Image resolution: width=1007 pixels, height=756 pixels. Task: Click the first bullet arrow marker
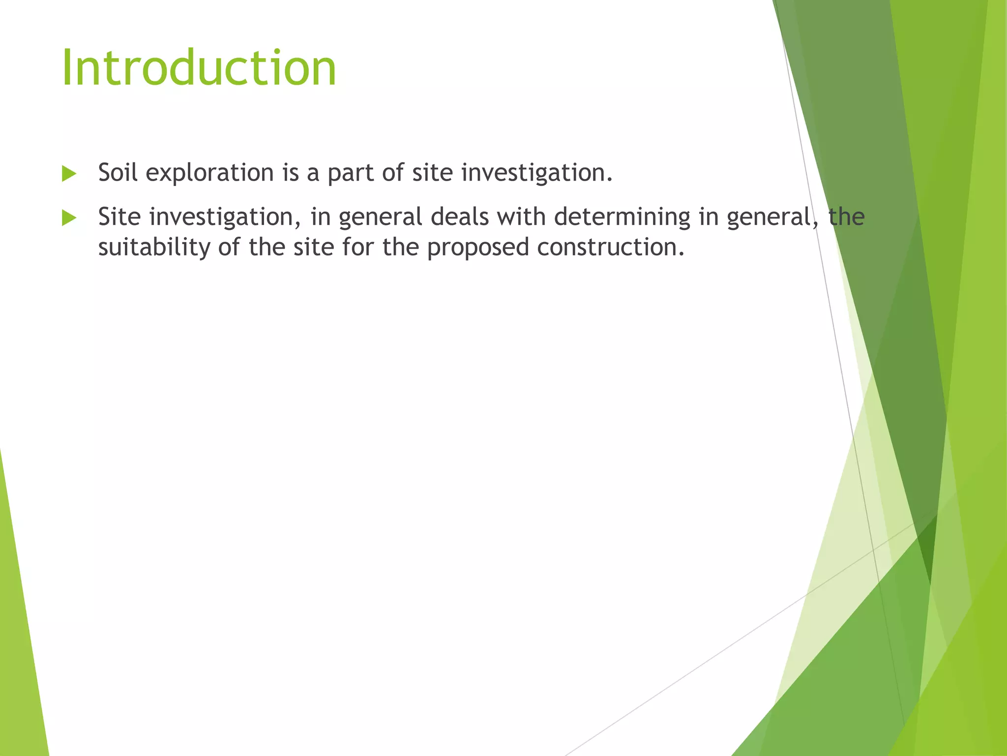(69, 174)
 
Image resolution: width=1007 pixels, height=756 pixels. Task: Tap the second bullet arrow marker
(69, 218)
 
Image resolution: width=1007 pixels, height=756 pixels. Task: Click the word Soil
(118, 173)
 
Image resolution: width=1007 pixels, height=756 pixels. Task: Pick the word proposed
(477, 248)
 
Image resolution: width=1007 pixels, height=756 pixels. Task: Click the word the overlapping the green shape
(846, 217)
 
